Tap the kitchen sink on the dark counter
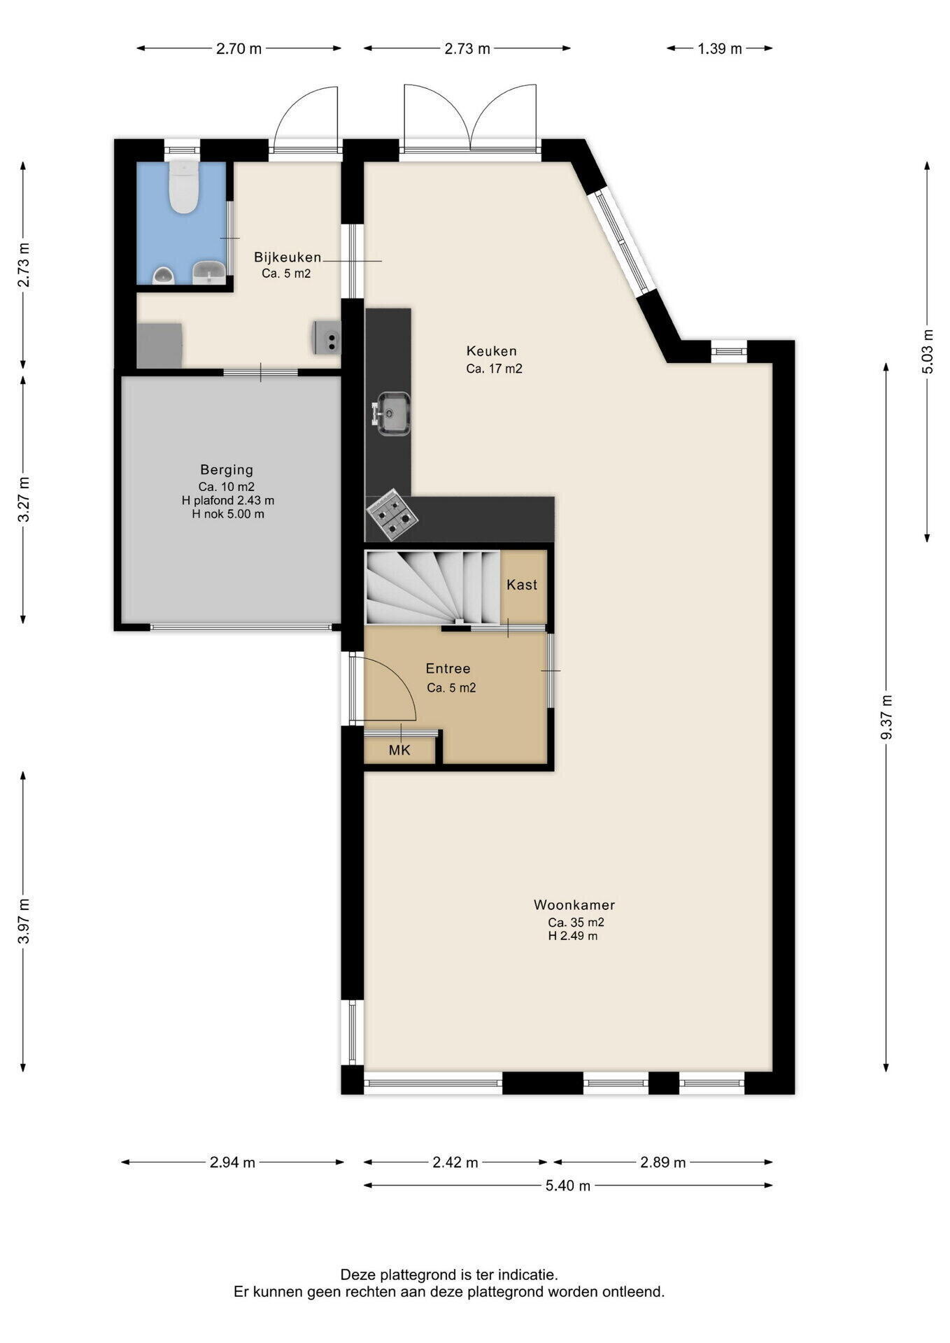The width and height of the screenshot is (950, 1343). tap(392, 413)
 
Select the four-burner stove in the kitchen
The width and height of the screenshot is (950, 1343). tap(392, 514)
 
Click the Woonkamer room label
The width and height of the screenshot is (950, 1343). tap(574, 904)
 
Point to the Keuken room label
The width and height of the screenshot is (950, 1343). tap(492, 351)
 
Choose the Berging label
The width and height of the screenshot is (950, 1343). tap(227, 469)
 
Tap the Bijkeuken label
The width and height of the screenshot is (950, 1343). tap(288, 257)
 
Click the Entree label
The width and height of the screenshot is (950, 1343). tap(448, 669)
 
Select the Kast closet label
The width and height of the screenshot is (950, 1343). tap(522, 585)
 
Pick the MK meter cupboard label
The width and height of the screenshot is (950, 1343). tap(399, 751)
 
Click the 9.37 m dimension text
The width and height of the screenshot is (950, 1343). tap(887, 717)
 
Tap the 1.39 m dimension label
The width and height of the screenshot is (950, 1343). tap(720, 48)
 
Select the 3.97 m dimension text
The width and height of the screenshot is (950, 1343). tap(24, 921)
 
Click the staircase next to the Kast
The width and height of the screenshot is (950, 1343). tap(433, 586)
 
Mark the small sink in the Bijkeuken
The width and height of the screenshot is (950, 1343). tap(326, 336)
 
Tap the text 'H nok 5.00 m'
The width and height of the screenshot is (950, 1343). tap(228, 514)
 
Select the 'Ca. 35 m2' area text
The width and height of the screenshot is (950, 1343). tap(576, 923)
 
